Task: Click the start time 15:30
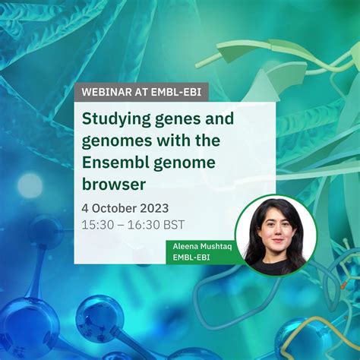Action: [x=96, y=225]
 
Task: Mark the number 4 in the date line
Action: [x=86, y=207]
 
